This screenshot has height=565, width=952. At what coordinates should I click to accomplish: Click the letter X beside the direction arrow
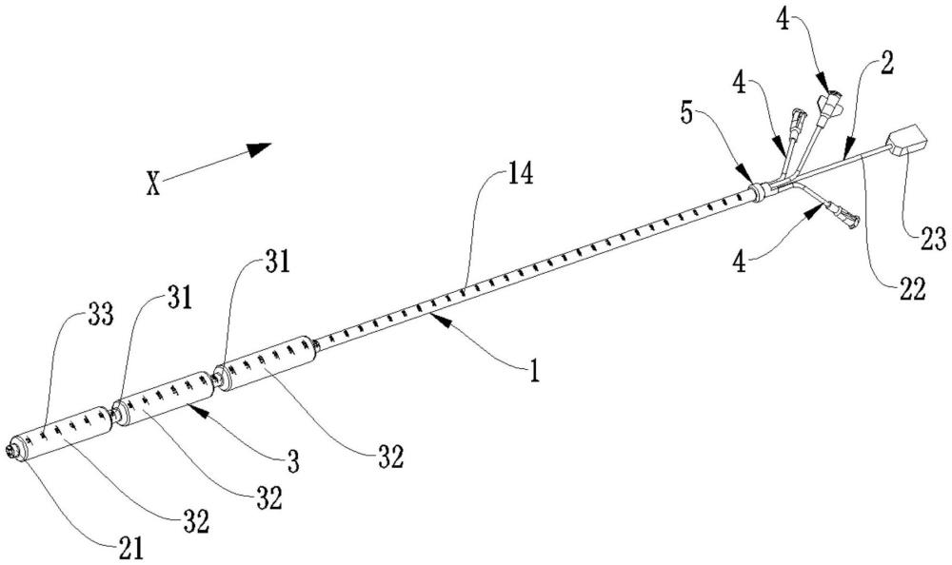[152, 182]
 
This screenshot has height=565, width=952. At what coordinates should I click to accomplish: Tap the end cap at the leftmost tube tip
[15, 449]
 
